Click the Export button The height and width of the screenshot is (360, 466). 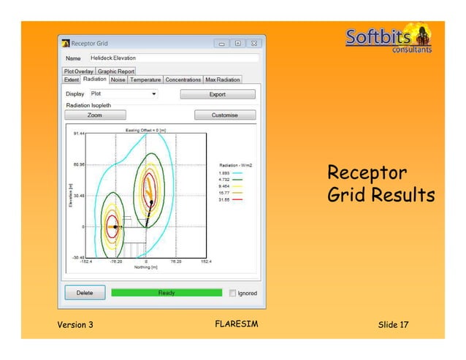pos(218,94)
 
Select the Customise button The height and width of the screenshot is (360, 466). pos(224,115)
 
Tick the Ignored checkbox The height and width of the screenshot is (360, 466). pos(233,293)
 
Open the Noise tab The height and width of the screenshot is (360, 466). pos(118,80)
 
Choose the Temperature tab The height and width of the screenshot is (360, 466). pos(145,80)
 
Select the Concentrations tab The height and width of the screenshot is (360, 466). pos(183,80)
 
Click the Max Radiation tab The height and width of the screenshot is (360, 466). pos(222,80)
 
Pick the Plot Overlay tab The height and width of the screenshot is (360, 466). pos(78,72)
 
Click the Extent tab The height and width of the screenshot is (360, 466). pos(71,80)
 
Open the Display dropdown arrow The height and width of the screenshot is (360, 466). pos(154,94)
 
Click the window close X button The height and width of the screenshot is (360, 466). pos(254,43)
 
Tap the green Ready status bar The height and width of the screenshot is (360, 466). pos(167,293)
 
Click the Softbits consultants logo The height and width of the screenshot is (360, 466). pos(388,41)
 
